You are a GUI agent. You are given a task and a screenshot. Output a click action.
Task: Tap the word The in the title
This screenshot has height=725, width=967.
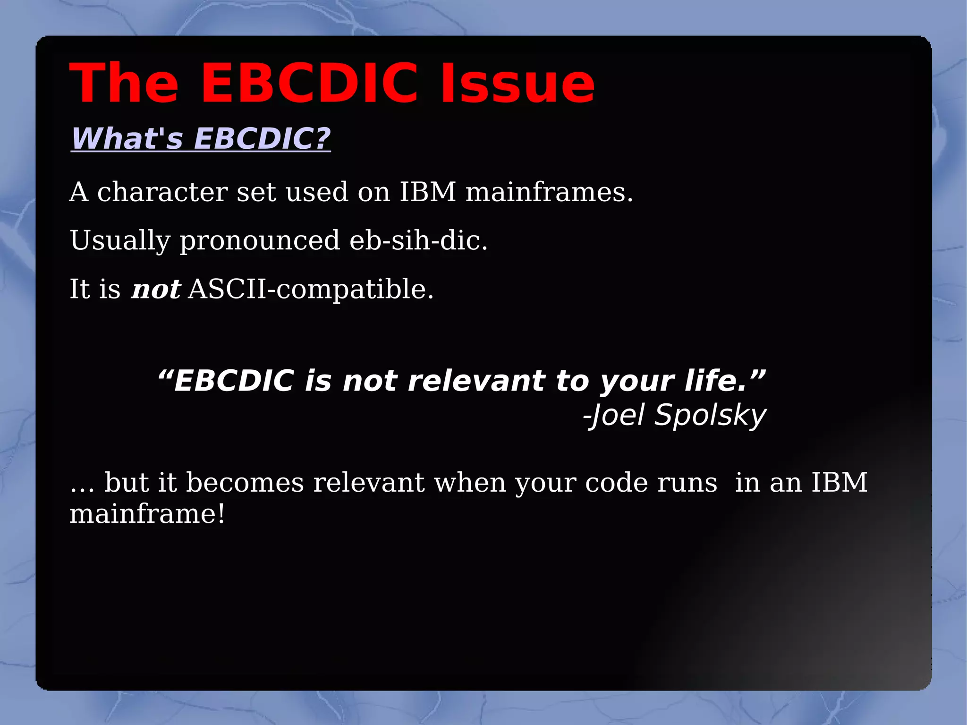pyautogui.click(x=124, y=84)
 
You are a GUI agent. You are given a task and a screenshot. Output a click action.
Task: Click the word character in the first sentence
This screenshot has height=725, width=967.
pyautogui.click(x=162, y=192)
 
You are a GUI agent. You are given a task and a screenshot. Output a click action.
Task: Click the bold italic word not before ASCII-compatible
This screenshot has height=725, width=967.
pyautogui.click(x=156, y=290)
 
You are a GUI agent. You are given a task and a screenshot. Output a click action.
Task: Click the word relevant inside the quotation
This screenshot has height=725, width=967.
pyautogui.click(x=476, y=381)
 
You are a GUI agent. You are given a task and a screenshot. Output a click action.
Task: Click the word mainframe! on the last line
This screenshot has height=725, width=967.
pyautogui.click(x=147, y=514)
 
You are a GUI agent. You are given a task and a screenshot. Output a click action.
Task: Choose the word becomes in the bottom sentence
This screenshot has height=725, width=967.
pyautogui.click(x=245, y=483)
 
